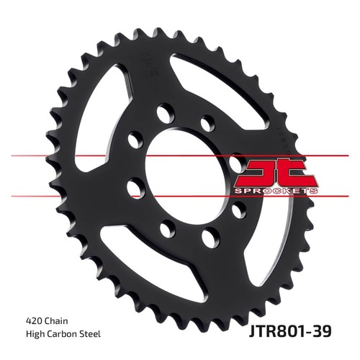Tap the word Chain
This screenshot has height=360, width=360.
click(x=55, y=321)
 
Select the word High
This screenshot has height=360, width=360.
click(x=35, y=334)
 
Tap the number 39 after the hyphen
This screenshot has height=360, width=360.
click(x=322, y=331)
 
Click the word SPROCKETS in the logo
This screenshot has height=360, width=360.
click(x=276, y=191)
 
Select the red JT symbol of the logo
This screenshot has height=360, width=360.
click(x=276, y=173)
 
